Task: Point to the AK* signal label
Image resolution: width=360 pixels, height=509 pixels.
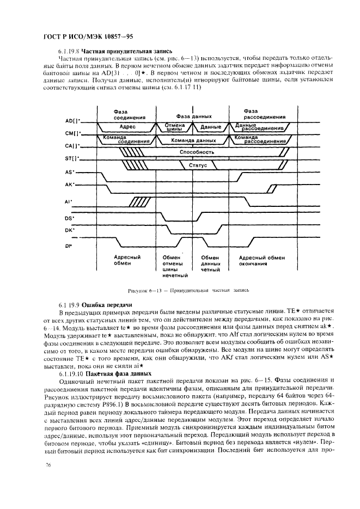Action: tap(70, 185)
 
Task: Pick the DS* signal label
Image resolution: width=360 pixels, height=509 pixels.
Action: tap(70, 218)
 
